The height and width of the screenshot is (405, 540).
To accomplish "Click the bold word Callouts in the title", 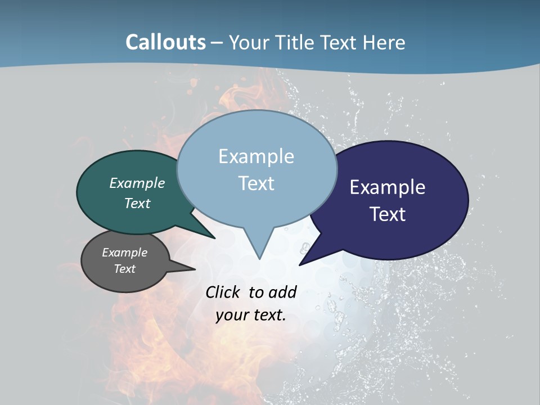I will click(x=165, y=42).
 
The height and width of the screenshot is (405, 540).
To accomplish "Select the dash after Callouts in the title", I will click(x=217, y=43).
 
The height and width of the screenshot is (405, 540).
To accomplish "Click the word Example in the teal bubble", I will click(x=137, y=183).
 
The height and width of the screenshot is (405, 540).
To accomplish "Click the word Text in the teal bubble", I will click(x=137, y=203).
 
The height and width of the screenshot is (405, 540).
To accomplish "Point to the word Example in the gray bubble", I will click(x=124, y=253).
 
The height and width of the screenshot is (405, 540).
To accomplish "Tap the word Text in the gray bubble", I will click(x=124, y=269).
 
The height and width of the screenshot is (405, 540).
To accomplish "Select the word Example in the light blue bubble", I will click(x=256, y=156).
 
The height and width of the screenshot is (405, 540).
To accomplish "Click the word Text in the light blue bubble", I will click(x=256, y=183).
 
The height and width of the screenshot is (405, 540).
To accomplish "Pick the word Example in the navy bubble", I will click(x=388, y=187).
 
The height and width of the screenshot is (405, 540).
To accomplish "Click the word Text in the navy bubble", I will click(x=388, y=214).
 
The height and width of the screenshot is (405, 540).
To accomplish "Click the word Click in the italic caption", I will click(x=224, y=292).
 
